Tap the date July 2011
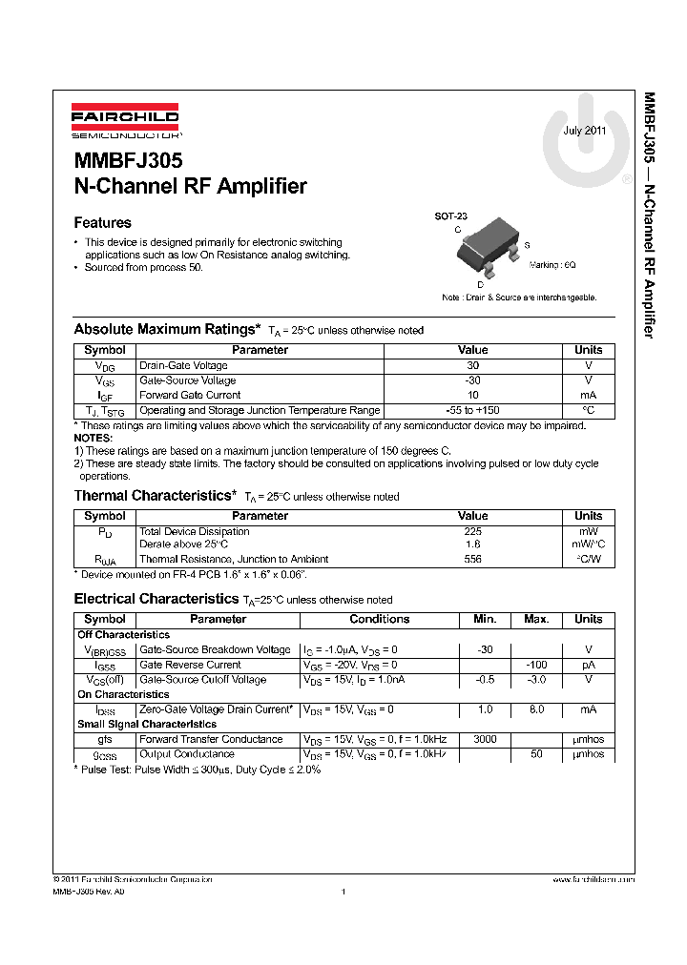pos(584,131)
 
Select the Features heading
pos(102,223)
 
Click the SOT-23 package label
pos(449,216)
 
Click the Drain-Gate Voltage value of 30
pos(472,365)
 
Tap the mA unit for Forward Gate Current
pos(588,395)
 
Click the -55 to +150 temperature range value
pos(472,410)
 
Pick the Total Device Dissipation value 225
pos(472,531)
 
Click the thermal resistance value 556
pos(472,559)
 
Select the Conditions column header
pos(379,619)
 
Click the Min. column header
pos(485,619)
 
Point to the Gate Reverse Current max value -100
pos(536,665)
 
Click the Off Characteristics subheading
pos(123,634)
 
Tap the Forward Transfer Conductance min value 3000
pos(485,740)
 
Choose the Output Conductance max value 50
pos(536,754)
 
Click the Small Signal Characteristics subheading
pos(146,725)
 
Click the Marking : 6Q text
pos(552,264)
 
